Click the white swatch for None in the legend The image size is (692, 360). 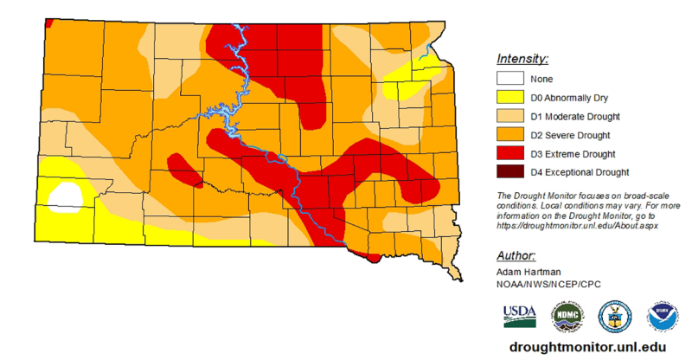tap(510, 80)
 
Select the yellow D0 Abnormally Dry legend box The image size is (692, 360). tap(510, 98)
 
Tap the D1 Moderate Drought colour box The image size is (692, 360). tap(510, 117)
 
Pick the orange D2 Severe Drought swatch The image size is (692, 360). tap(510, 135)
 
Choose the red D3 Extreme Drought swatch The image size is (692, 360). tap(510, 154)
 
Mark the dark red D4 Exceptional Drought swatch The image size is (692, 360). tap(510, 172)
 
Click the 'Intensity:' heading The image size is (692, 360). tap(522, 59)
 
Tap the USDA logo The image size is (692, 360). tap(519, 318)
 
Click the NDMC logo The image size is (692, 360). tap(567, 318)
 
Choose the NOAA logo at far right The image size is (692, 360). tap(663, 318)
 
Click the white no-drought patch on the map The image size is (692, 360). tap(65, 196)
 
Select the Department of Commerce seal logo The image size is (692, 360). tap(615, 318)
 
